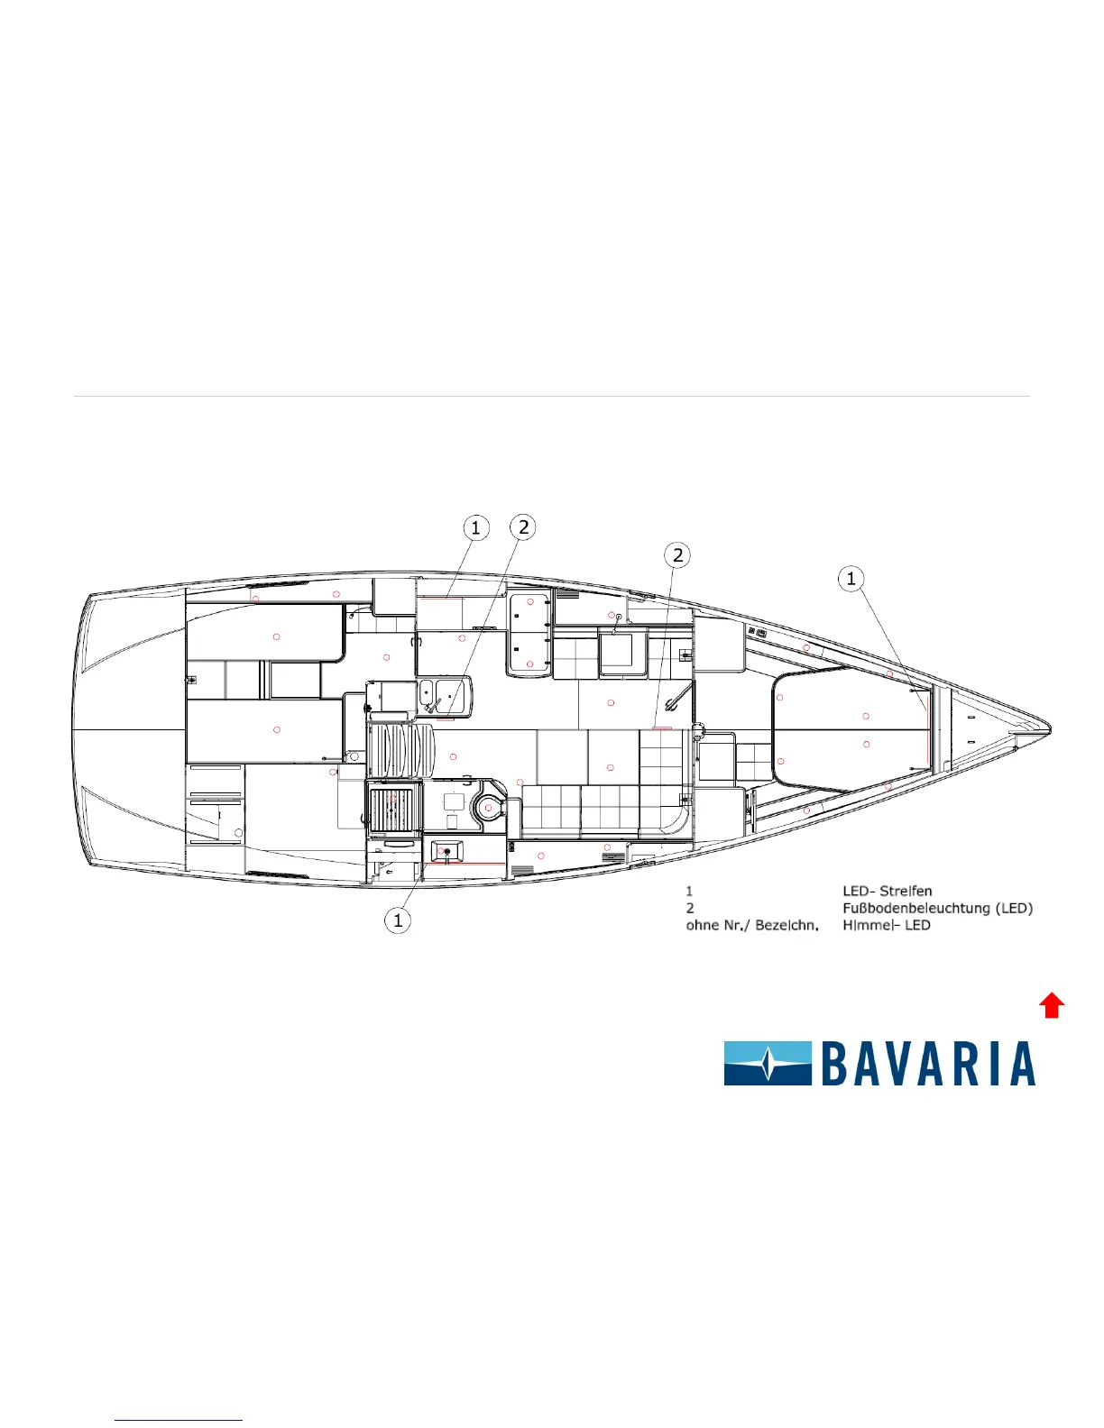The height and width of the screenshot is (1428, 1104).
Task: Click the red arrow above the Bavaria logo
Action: tap(1052, 1005)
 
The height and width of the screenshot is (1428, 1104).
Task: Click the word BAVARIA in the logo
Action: tap(928, 1063)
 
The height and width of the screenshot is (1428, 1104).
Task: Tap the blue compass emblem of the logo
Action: tap(768, 1063)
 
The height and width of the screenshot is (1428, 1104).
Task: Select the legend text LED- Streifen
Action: tap(887, 891)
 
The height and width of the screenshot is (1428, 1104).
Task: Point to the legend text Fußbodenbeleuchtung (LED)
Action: tap(938, 908)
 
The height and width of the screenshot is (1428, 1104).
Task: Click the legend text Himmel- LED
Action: tap(887, 925)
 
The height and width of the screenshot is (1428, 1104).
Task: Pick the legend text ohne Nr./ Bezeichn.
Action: tap(752, 925)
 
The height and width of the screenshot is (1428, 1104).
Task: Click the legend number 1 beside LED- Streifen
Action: tap(689, 891)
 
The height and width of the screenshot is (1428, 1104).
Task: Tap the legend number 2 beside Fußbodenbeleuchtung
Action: tap(690, 908)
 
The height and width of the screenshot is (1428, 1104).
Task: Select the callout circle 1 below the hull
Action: tap(398, 920)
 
